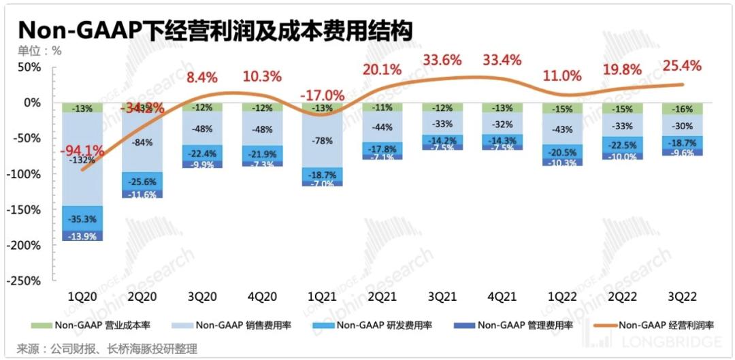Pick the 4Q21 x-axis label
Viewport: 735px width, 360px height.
tap(502, 297)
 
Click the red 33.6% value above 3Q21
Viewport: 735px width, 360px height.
tap(443, 60)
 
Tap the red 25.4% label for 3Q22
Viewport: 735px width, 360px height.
tap(681, 66)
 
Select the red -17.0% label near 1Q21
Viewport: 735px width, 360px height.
tap(323, 95)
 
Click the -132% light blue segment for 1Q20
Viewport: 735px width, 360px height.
tap(82, 161)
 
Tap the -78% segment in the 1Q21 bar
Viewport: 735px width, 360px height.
tap(323, 141)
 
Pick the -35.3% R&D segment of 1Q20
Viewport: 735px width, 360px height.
tap(82, 219)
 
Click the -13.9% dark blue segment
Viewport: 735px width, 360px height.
tap(82, 235)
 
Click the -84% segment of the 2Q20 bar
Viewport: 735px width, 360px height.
tap(142, 142)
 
